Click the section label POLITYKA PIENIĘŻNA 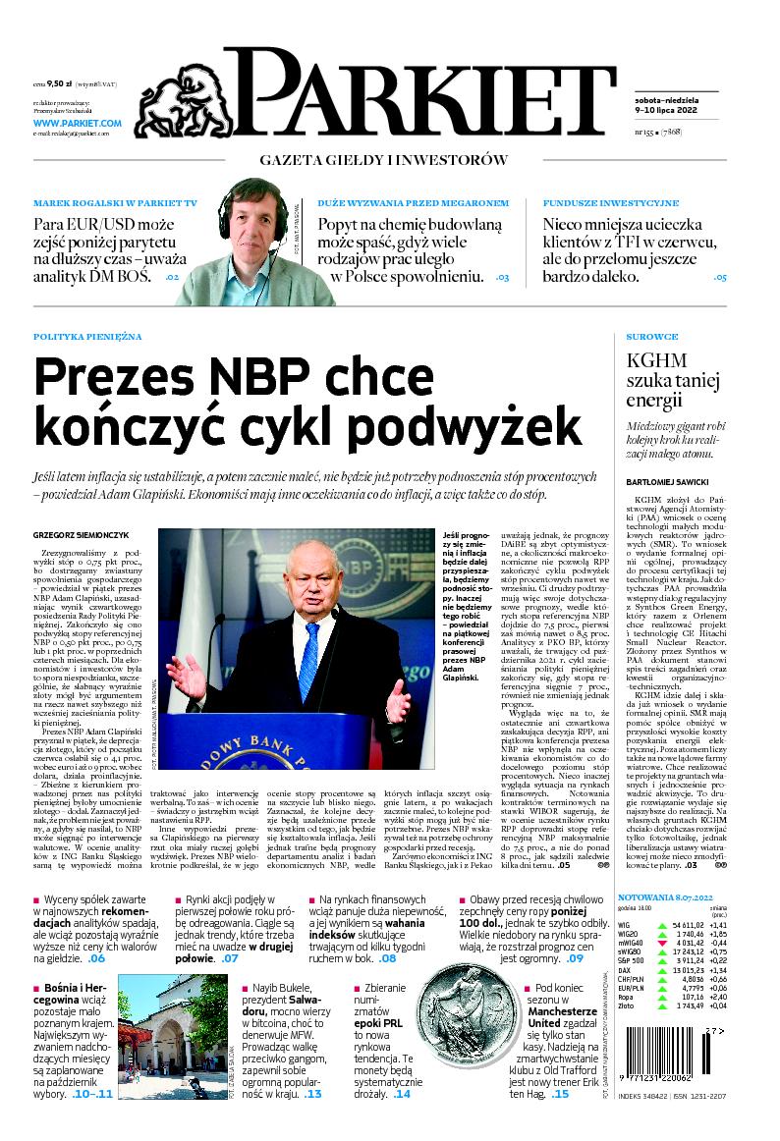click(x=87, y=337)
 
